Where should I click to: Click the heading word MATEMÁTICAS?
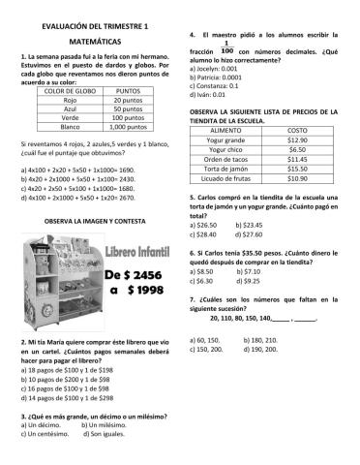(90, 45)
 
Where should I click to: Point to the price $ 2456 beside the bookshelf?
(140, 274)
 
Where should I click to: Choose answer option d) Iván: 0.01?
(209, 94)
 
